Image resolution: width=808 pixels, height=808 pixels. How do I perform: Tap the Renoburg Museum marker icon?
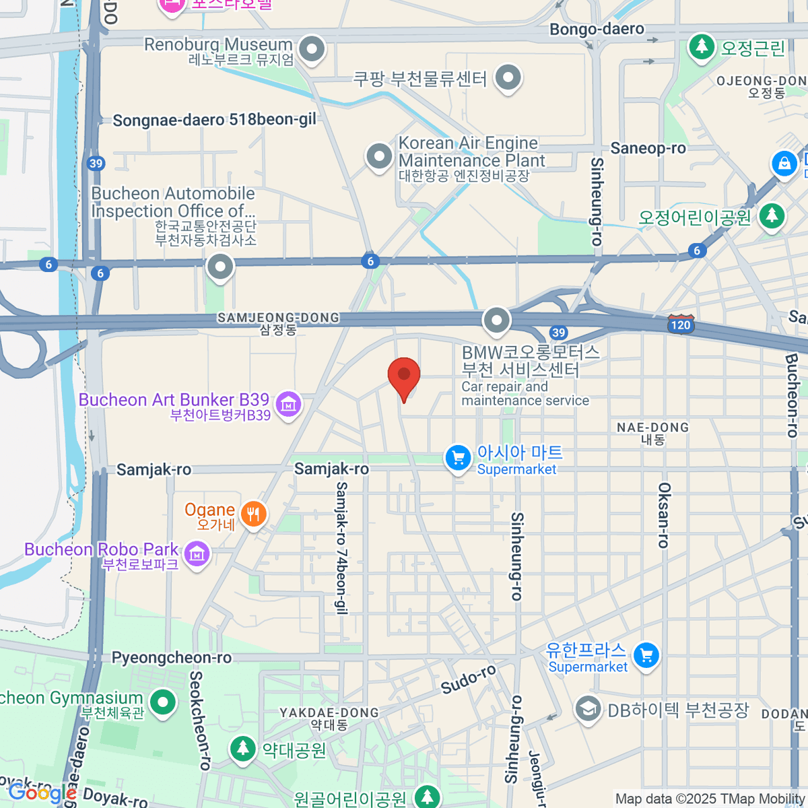[x=312, y=49]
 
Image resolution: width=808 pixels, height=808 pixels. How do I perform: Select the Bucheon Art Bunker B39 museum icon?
[x=288, y=404]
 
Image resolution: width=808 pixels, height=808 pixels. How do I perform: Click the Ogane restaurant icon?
[x=254, y=514]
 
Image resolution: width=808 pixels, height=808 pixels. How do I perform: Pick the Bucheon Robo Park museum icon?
[x=197, y=554]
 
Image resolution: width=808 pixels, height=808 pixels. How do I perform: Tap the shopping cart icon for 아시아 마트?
[x=458, y=459]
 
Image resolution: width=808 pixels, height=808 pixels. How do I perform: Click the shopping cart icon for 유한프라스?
[x=646, y=654]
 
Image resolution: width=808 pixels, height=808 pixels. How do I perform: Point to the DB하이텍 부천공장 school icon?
[x=588, y=709]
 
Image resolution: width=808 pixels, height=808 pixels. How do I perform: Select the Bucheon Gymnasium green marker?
[x=162, y=703]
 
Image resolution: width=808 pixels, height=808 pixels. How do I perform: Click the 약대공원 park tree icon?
[x=242, y=748]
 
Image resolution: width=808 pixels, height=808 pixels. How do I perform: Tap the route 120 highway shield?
[x=681, y=325]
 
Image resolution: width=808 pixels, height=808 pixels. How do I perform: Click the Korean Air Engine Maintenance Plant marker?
[x=379, y=156]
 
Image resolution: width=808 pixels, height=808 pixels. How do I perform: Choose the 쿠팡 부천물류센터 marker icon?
[x=508, y=77]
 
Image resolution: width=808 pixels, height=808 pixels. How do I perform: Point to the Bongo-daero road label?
[x=597, y=29]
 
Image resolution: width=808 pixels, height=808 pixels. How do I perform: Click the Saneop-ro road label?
[x=648, y=148]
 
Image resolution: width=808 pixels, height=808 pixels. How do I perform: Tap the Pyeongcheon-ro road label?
[x=171, y=658]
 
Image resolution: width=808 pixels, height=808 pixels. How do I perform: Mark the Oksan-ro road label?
[x=664, y=515]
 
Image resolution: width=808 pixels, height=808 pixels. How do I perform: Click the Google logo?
[x=42, y=793]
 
